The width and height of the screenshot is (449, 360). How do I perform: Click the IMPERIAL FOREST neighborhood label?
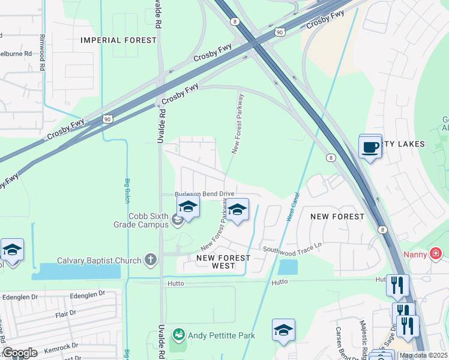(119, 40)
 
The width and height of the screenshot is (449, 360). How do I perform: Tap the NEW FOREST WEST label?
(223, 262)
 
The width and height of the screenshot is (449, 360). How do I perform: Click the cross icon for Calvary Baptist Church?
(150, 260)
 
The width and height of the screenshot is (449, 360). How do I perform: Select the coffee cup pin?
(370, 146)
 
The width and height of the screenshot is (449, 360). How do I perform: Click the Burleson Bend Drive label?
(204, 194)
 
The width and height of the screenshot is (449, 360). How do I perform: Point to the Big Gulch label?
(127, 190)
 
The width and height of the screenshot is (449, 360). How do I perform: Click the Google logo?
(20, 353)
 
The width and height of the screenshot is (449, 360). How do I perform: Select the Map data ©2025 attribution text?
(424, 355)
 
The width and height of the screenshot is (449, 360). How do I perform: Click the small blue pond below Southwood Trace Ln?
(288, 267)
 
